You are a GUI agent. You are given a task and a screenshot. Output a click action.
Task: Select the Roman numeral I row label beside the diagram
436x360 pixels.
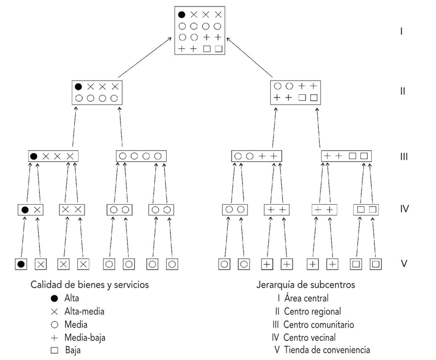[x=401, y=31]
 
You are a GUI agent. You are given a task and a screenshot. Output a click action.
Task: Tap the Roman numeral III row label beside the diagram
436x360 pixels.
[x=403, y=157]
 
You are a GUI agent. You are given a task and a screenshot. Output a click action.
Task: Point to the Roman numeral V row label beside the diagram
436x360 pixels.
[x=404, y=264]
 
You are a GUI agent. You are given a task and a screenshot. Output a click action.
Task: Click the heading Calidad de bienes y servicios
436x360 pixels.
[x=90, y=285]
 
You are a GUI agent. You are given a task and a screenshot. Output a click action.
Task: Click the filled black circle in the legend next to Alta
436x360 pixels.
[x=52, y=298]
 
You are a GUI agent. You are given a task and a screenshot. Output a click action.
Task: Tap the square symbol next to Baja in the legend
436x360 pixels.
[x=52, y=350]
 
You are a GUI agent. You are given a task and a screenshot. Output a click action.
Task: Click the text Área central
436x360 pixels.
[x=307, y=298]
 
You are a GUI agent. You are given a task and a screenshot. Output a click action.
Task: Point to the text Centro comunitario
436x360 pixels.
[x=318, y=325]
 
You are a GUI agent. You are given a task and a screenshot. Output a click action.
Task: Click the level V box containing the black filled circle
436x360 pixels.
[x=21, y=264]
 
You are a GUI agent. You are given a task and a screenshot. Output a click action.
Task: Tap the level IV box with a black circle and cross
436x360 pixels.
[x=31, y=210]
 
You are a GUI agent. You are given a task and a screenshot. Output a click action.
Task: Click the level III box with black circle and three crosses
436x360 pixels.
[x=53, y=156]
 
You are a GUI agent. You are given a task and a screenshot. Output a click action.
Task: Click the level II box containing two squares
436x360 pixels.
[x=295, y=91]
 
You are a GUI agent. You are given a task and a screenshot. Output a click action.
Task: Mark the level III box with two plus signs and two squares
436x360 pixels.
[x=346, y=156]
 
